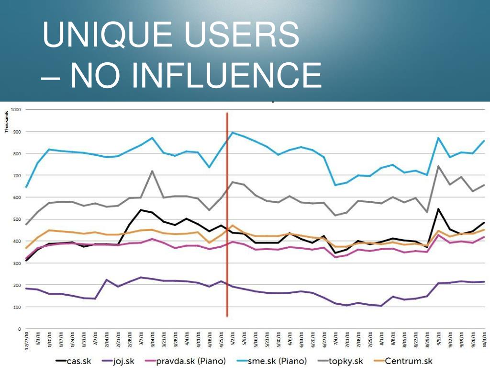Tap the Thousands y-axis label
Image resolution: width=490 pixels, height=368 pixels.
pos(7,123)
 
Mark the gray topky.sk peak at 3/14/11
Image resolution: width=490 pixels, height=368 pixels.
pos(152,171)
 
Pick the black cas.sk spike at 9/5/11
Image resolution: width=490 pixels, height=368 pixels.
pos(438,209)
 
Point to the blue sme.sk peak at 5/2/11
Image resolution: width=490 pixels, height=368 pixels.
pos(232,133)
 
